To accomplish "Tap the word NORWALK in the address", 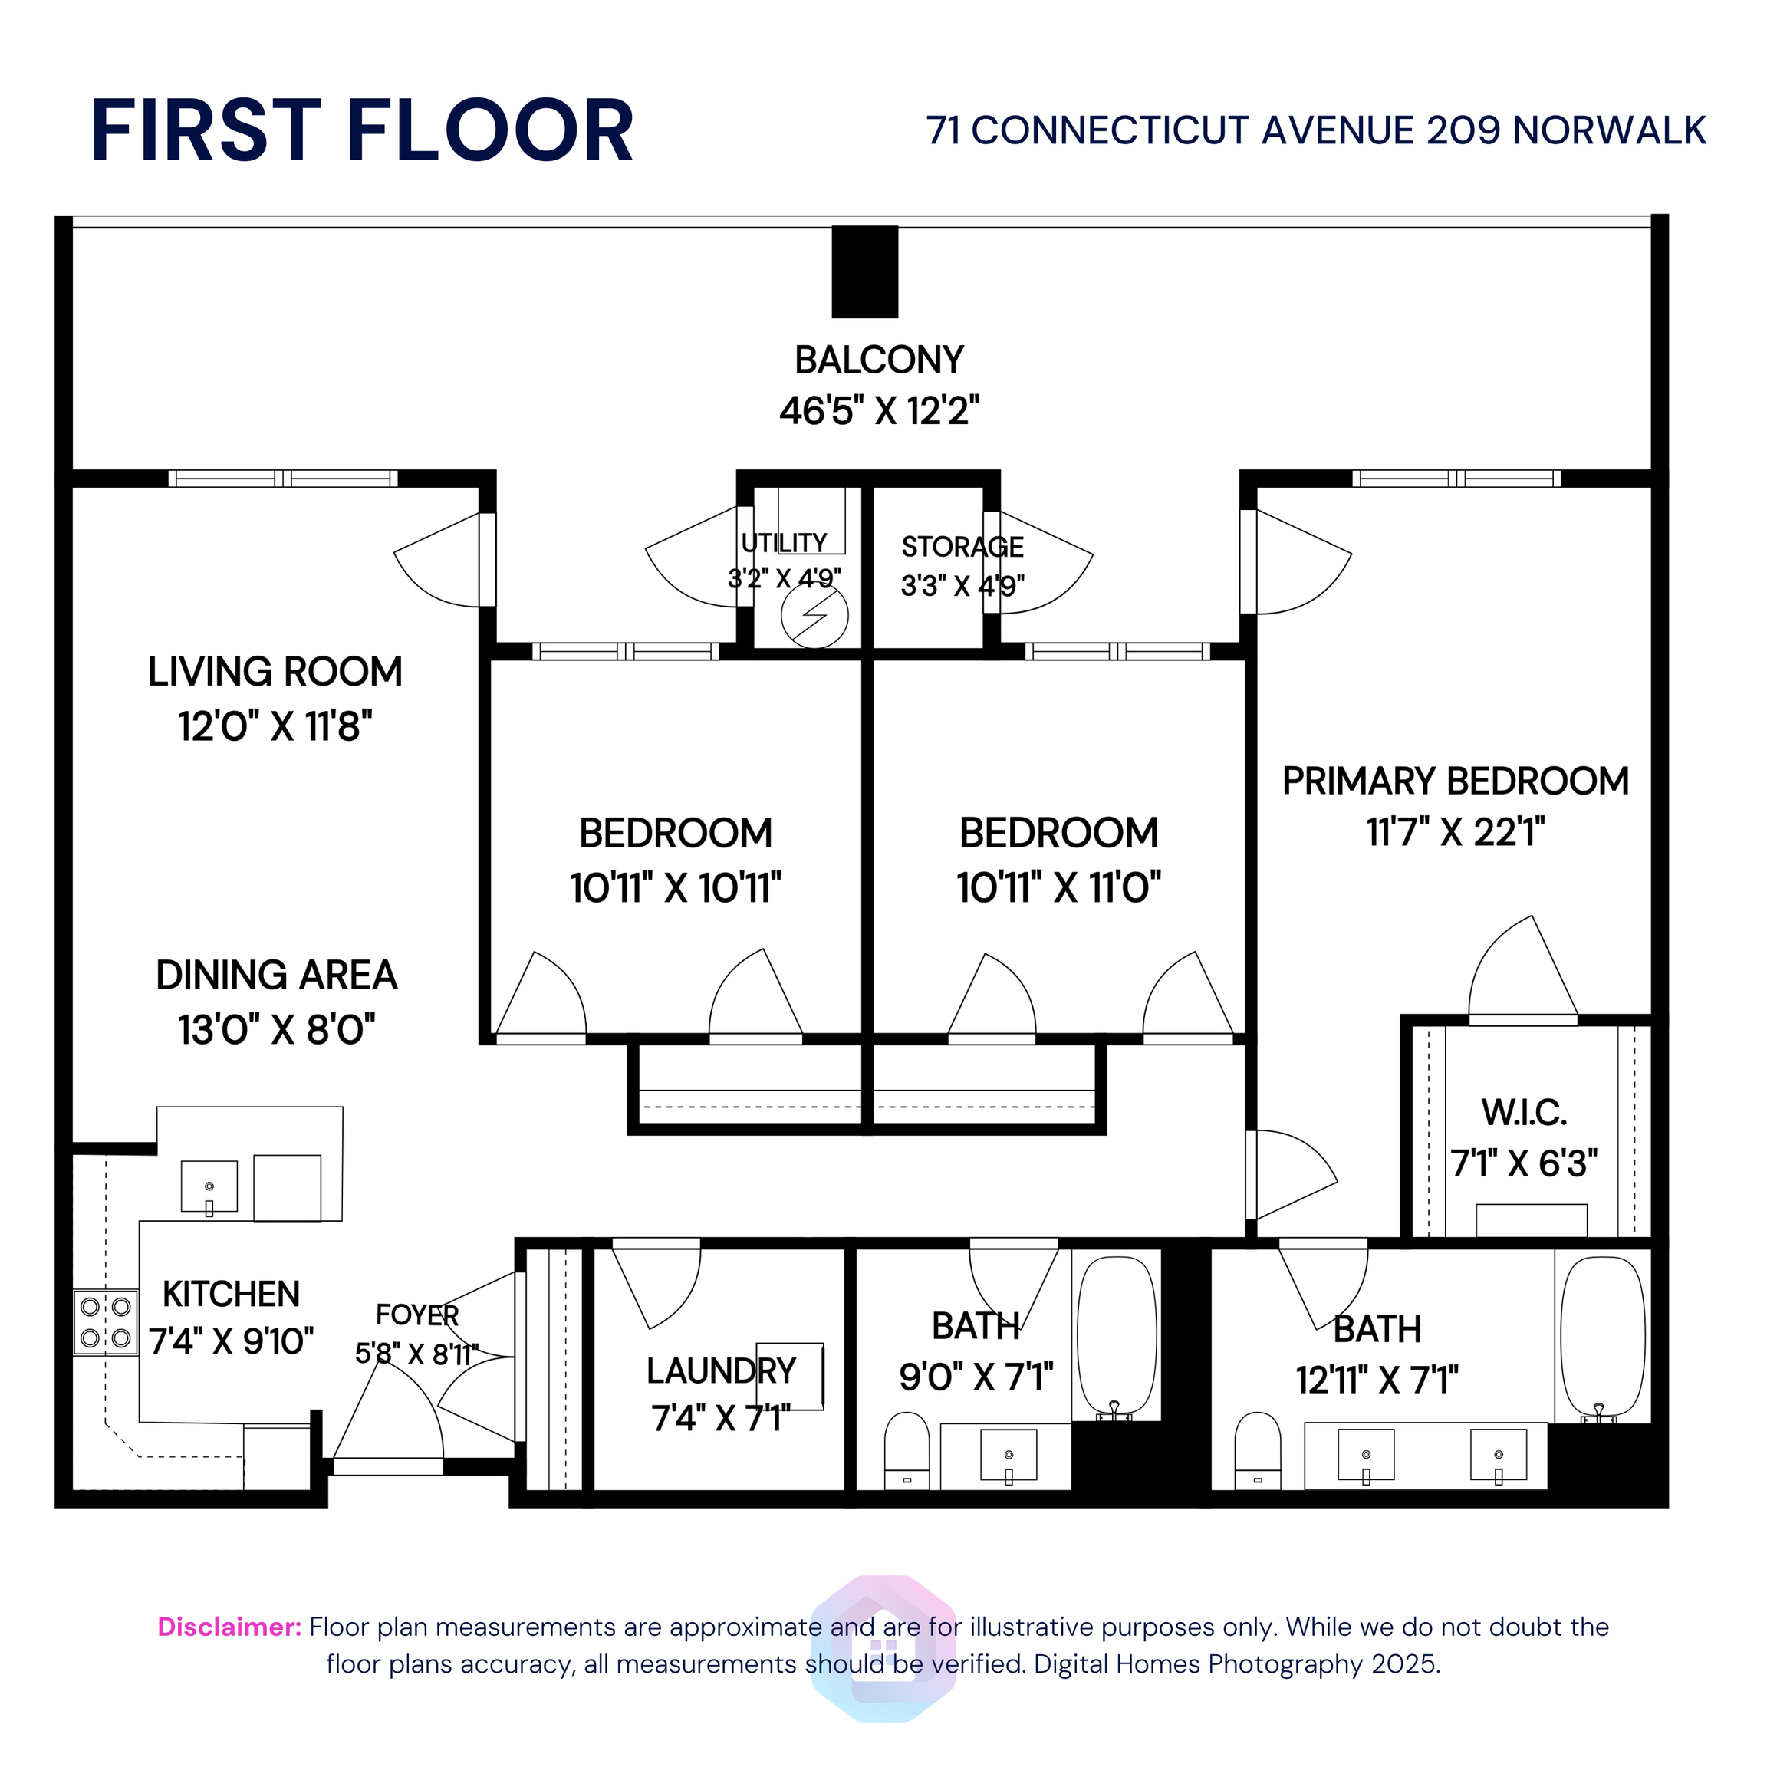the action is pyautogui.click(x=1609, y=131).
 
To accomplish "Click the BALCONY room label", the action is pyautogui.click(x=879, y=360).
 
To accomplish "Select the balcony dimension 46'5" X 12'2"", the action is pyautogui.click(x=879, y=410).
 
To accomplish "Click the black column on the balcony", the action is pyautogui.click(x=864, y=271).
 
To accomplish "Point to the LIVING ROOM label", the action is pyautogui.click(x=275, y=671).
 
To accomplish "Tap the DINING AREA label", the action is pyautogui.click(x=276, y=975).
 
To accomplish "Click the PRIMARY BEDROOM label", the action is pyautogui.click(x=1455, y=781).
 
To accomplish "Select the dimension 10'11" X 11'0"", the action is pyautogui.click(x=1058, y=887).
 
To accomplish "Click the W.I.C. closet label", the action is pyautogui.click(x=1524, y=1112).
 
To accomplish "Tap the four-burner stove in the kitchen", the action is pyautogui.click(x=106, y=1322).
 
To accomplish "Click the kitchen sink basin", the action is pyautogui.click(x=209, y=1186).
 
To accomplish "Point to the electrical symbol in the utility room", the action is pyautogui.click(x=814, y=616).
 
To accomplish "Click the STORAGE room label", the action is pyautogui.click(x=962, y=547).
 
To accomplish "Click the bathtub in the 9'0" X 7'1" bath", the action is pyautogui.click(x=1116, y=1338).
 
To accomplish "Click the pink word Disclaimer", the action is pyautogui.click(x=229, y=1627).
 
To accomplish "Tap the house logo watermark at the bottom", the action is pyautogui.click(x=883, y=1648).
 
